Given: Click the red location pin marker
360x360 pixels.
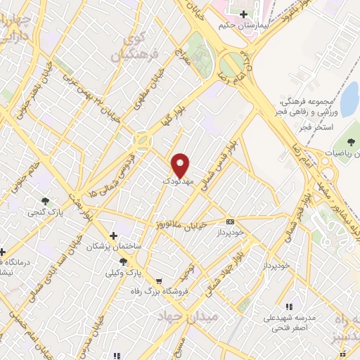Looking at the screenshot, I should pyautogui.click(x=181, y=165).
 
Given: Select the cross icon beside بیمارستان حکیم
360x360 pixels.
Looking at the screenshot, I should pyautogui.click(x=244, y=14).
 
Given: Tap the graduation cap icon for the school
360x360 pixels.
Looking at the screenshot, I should pyautogui.click(x=289, y=307).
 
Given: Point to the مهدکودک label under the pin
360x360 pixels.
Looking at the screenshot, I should pyautogui.click(x=176, y=181).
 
